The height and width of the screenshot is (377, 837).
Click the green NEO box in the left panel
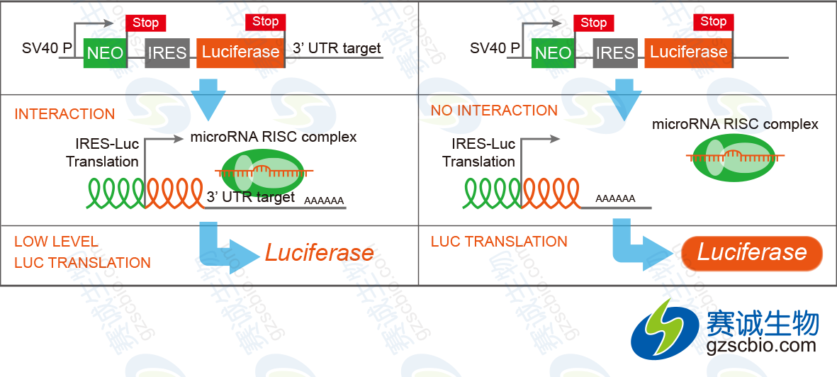coord(105,53)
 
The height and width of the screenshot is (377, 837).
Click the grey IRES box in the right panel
coord(615,53)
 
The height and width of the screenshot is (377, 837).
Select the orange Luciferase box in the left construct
coord(241,53)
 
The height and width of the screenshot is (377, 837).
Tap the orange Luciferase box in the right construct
coord(689,53)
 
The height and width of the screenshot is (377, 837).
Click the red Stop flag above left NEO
coord(146,23)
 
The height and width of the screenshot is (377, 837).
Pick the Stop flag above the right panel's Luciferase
coord(713,22)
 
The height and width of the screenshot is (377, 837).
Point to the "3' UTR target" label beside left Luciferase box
coord(337,49)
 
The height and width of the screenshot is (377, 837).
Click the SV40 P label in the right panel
coord(495,49)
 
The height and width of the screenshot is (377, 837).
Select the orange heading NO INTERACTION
coord(494,111)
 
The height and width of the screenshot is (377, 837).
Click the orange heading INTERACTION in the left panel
coord(64,114)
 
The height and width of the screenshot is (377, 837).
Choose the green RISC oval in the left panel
coord(260,172)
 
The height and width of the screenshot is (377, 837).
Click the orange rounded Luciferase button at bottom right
coord(752,252)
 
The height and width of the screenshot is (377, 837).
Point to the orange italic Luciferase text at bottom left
coord(319,252)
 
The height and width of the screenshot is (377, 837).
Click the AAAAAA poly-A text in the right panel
coord(615,199)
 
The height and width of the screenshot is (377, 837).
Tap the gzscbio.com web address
coord(761,345)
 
